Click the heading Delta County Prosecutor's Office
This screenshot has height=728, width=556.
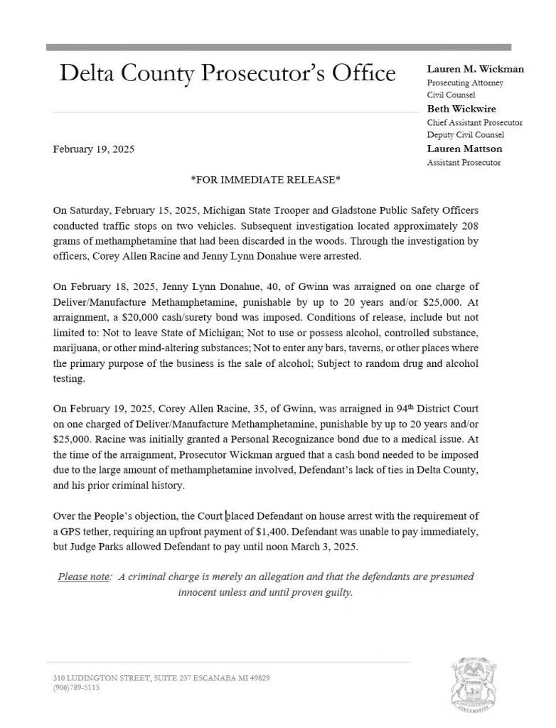(228, 73)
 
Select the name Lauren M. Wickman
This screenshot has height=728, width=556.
(475, 70)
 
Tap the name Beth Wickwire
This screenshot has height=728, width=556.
(461, 109)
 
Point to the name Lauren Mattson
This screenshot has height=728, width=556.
(464, 149)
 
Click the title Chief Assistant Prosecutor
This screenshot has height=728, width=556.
(474, 122)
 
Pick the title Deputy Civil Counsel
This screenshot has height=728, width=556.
(466, 135)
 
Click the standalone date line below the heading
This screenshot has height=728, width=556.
(94, 149)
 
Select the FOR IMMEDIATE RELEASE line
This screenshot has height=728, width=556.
(265, 180)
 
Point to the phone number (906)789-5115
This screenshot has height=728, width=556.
(76, 688)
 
